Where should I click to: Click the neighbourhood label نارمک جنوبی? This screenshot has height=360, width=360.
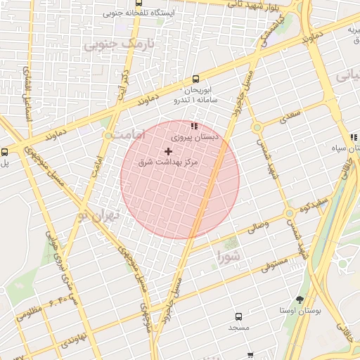point(118,44)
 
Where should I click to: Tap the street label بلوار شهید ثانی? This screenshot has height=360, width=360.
point(269,4)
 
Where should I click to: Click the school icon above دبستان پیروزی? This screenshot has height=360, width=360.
point(194,126)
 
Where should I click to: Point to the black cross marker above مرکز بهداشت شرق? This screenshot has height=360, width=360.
point(168,151)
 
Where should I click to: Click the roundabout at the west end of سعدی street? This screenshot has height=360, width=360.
point(257,127)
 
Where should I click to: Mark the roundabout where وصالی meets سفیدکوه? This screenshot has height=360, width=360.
point(289,213)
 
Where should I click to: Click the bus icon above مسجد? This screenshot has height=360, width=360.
point(238,317)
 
